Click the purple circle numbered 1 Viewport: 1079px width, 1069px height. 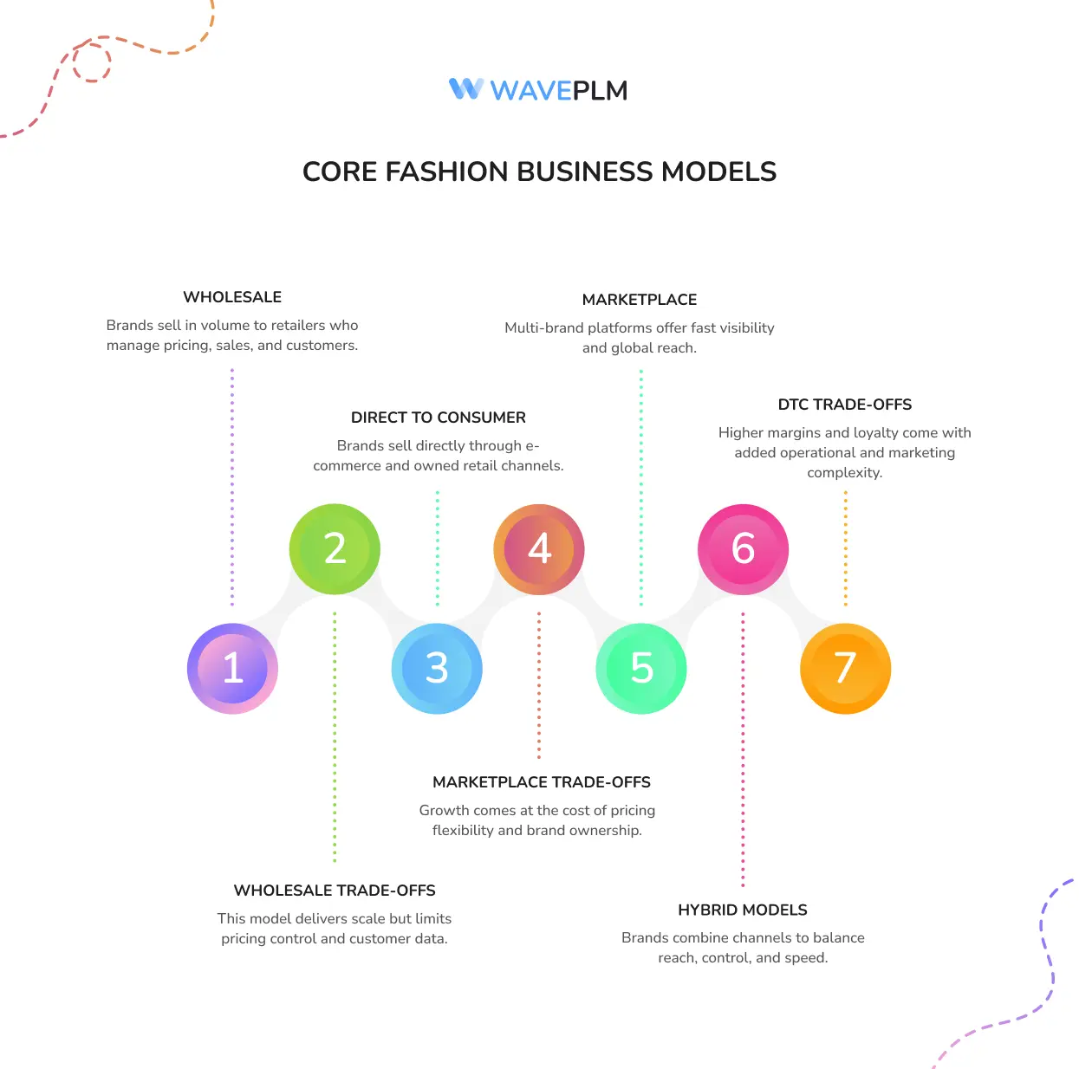point(232,668)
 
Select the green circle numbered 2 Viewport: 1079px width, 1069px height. point(335,549)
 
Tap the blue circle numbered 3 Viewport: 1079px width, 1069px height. point(437,668)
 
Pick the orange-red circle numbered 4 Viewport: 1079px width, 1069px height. point(539,549)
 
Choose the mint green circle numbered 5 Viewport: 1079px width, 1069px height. point(641,668)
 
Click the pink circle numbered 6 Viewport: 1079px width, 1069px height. point(743,549)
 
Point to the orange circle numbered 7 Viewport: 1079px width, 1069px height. point(845,668)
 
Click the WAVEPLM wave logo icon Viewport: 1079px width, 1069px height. point(466,89)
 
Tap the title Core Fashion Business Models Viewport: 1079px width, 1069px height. point(539,172)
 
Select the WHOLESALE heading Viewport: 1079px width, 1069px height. point(232,297)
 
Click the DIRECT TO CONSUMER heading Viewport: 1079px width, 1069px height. point(438,418)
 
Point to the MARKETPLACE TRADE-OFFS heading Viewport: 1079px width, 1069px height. point(541,782)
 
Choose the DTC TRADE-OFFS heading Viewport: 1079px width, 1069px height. point(844,405)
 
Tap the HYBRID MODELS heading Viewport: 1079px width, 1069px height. point(742,910)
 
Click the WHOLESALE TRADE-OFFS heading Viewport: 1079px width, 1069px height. point(335,891)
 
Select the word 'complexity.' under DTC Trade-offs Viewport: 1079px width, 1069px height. point(844,473)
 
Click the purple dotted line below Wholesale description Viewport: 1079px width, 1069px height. point(232,485)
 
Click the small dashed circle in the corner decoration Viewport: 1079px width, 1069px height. point(92,62)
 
